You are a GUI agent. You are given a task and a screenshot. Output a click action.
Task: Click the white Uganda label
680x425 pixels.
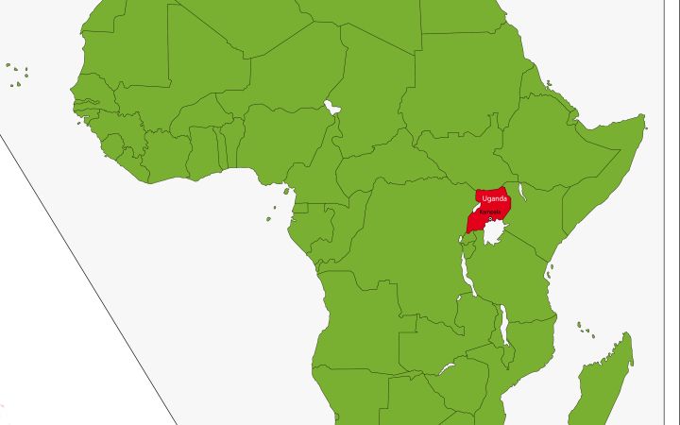click(x=493, y=198)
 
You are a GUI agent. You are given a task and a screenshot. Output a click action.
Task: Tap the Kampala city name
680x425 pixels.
click(x=489, y=212)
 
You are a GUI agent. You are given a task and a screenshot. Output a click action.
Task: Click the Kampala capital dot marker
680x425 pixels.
click(x=491, y=219)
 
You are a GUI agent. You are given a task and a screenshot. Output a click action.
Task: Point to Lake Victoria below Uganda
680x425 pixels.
click(x=494, y=233)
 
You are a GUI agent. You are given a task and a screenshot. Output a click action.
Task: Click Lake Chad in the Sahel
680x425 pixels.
click(x=331, y=107)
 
